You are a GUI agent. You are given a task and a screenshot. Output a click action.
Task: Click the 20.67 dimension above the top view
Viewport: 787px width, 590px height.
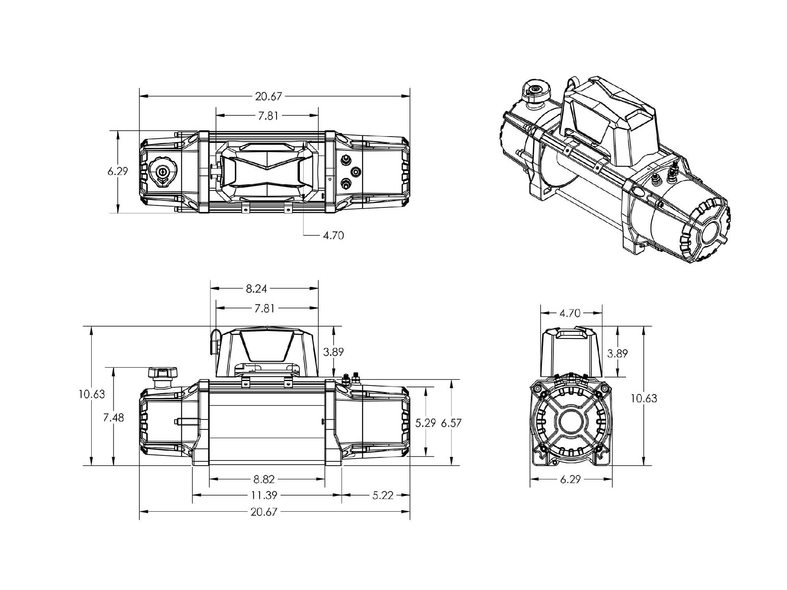pyautogui.click(x=269, y=96)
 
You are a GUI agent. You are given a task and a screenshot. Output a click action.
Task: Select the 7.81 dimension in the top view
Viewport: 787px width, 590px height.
pyautogui.click(x=268, y=116)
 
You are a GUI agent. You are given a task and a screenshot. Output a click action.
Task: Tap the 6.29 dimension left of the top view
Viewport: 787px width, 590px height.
pyautogui.click(x=118, y=172)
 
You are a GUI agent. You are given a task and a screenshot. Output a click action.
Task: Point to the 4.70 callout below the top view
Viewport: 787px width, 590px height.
pyautogui.click(x=333, y=235)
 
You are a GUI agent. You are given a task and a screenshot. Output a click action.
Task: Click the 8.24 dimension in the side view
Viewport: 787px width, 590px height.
pyautogui.click(x=256, y=289)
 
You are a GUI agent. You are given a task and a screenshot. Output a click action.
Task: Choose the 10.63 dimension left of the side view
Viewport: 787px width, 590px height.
pyautogui.click(x=91, y=394)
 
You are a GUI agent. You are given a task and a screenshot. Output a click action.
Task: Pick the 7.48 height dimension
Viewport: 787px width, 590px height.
pyautogui.click(x=113, y=418)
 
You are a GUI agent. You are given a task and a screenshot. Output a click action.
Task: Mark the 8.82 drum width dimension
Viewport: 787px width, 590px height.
pyautogui.click(x=264, y=479)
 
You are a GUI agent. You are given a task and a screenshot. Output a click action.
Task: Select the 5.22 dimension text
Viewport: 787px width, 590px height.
pyautogui.click(x=383, y=495)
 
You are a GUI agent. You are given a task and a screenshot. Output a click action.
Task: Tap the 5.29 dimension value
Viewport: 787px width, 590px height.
pyautogui.click(x=426, y=423)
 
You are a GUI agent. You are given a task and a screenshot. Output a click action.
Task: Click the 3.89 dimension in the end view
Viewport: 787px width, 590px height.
pyautogui.click(x=617, y=353)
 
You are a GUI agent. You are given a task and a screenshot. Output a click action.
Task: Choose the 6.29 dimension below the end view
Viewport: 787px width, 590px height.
pyautogui.click(x=570, y=479)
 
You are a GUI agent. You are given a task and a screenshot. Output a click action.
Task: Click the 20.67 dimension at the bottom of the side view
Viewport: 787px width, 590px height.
pyautogui.click(x=264, y=512)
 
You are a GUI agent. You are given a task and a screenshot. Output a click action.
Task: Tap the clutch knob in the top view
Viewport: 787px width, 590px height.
pyautogui.click(x=163, y=172)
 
